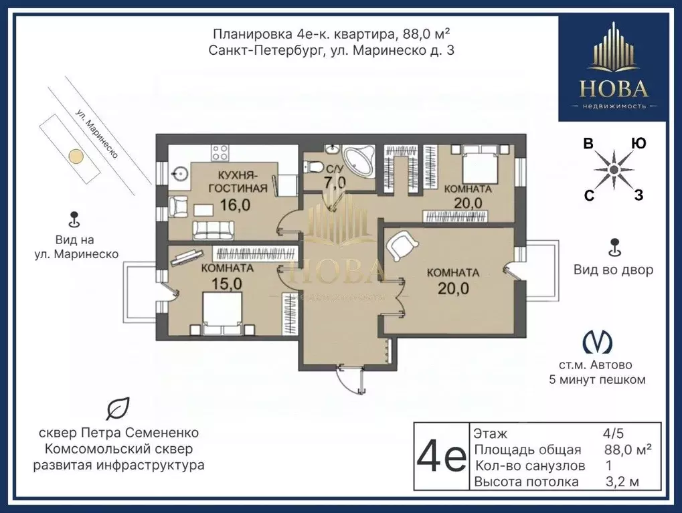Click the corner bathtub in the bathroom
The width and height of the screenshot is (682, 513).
[358, 161]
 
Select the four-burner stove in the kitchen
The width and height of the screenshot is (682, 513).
[220, 153]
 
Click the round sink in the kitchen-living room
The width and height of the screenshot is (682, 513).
[179, 175]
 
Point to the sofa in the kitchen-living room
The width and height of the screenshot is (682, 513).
[214, 230]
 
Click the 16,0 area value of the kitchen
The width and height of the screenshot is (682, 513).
[235, 205]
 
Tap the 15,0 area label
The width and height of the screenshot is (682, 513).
[227, 284]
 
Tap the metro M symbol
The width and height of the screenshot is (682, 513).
[597, 342]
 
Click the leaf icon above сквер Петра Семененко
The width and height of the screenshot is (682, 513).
[118, 409]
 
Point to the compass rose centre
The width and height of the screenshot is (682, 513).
[613, 169]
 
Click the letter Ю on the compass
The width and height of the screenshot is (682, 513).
[638, 143]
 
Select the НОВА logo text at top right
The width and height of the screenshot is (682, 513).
[614, 90]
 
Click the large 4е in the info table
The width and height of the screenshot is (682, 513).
[441, 456]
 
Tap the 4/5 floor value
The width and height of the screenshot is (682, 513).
[613, 433]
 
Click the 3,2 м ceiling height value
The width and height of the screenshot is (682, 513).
[622, 482]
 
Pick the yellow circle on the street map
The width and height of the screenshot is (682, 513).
[76, 156]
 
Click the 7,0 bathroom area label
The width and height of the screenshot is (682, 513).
[335, 183]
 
